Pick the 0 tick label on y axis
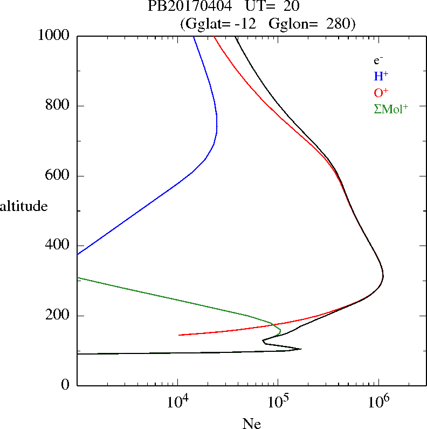click(x=66, y=385)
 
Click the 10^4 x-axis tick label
click(x=177, y=401)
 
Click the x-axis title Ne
click(x=252, y=424)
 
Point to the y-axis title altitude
click(x=24, y=206)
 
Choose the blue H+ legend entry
click(x=381, y=76)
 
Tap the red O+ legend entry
click(x=381, y=92)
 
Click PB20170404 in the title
click(x=183, y=6)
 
